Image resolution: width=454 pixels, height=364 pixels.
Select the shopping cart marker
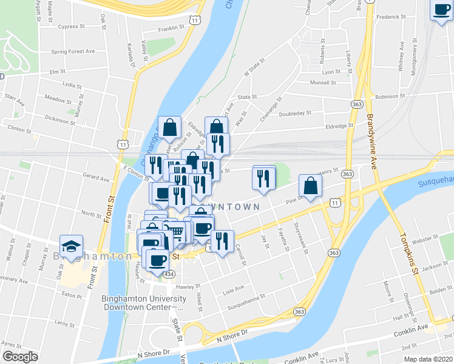(174, 231)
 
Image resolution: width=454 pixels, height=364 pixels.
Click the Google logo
(20, 357)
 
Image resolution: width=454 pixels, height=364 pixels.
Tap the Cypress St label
(73, 27)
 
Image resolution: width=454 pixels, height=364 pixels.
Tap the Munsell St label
(322, 83)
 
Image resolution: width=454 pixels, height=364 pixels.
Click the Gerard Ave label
(95, 179)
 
